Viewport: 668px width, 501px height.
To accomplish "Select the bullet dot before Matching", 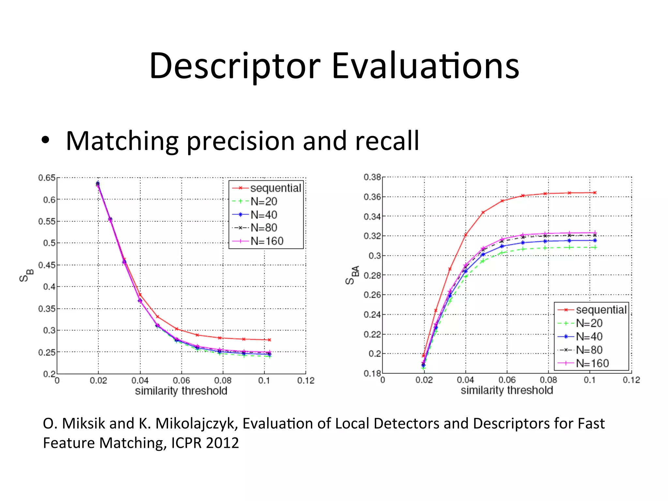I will pyautogui.click(x=46, y=141).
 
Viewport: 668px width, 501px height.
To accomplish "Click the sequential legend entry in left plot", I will pyautogui.click(x=275, y=188).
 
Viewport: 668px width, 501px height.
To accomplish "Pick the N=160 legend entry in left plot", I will pyautogui.click(x=266, y=241).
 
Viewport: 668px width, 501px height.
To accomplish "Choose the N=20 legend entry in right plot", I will pyautogui.click(x=589, y=323).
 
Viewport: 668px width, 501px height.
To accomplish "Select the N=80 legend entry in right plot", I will pyautogui.click(x=589, y=350).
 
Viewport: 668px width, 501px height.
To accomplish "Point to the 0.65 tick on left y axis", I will pyautogui.click(x=47, y=178).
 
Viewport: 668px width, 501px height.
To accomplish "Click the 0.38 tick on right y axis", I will pyautogui.click(x=372, y=177).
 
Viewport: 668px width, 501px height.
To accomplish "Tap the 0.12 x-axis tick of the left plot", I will pyautogui.click(x=306, y=380).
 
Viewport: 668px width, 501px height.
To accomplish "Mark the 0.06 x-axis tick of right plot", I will pyautogui.click(x=507, y=380).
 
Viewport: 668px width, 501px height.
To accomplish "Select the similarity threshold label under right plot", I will pyautogui.click(x=507, y=390).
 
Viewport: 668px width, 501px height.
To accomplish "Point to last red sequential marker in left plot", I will pyautogui.click(x=269, y=340).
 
